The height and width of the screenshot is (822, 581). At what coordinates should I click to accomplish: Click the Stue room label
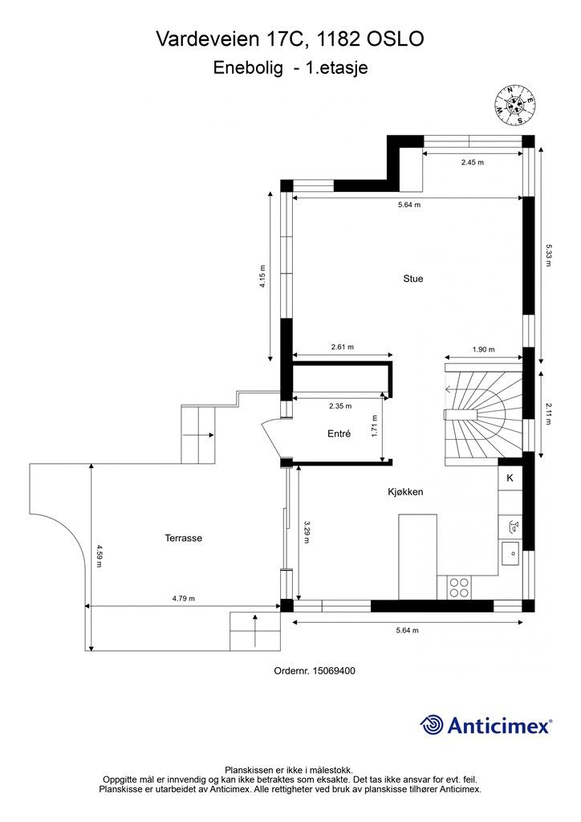(x=412, y=279)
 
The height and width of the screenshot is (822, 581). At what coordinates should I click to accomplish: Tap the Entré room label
(x=339, y=433)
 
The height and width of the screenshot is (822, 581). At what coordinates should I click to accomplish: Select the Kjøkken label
(x=405, y=492)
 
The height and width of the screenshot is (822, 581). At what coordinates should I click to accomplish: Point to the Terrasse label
(x=183, y=538)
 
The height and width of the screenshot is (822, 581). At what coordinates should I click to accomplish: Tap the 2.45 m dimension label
(x=472, y=162)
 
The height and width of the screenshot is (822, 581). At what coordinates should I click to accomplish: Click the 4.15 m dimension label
(x=262, y=277)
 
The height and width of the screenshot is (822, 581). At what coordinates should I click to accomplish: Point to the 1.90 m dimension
(x=483, y=349)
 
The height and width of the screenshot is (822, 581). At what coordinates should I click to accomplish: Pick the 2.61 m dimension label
(x=342, y=347)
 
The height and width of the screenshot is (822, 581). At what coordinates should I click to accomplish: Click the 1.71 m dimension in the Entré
(x=374, y=426)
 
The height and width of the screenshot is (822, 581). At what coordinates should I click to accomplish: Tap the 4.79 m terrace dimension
(x=183, y=598)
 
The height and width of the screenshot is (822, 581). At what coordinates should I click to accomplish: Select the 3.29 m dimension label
(x=307, y=531)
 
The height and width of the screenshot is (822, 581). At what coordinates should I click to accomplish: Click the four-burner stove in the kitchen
(x=459, y=587)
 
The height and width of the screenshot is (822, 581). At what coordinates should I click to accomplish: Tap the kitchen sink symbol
(x=510, y=554)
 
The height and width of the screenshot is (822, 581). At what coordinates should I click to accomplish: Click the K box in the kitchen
(x=510, y=478)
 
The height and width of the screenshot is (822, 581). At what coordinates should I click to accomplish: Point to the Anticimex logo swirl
(x=431, y=725)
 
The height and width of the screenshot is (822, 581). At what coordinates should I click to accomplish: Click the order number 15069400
(x=335, y=670)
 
